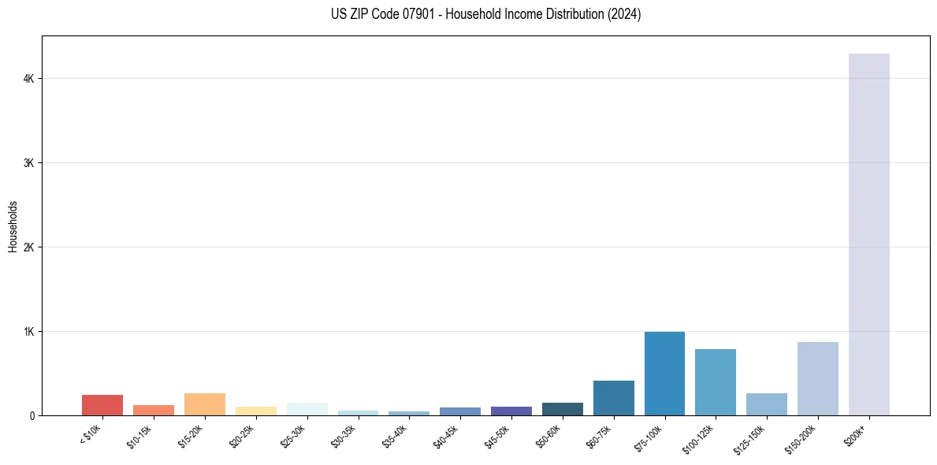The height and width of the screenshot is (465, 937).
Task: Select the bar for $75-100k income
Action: coord(664,374)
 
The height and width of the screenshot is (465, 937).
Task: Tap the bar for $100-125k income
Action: coord(716,382)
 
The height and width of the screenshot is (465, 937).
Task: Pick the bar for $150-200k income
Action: coord(817,378)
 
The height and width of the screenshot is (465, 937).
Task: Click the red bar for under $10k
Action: coord(102,405)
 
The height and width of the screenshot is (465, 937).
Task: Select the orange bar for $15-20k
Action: coord(205,404)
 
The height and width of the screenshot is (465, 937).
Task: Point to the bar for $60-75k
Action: coord(613,398)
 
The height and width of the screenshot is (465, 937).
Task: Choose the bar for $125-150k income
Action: coord(766,404)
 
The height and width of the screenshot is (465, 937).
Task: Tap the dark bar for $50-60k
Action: coord(563,409)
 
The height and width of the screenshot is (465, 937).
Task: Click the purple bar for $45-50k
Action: coord(511,411)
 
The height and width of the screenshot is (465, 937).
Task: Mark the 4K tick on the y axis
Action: coord(28,79)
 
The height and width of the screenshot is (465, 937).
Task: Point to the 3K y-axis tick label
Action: coord(28,163)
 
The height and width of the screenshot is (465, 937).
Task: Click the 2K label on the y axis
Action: coord(28,247)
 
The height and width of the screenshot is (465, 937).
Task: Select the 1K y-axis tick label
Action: coord(28,332)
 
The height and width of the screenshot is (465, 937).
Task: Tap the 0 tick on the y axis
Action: coord(32,415)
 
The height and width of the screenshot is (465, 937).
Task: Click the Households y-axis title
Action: coord(13,226)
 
